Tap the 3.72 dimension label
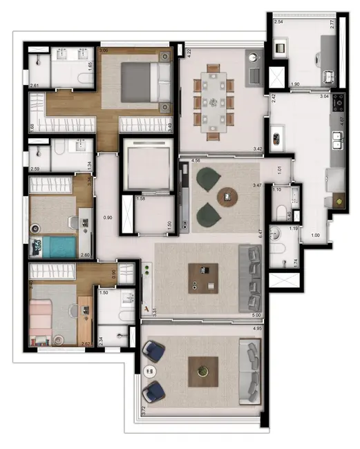pos(143,411)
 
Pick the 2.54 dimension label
pos(278,23)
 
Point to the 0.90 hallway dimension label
pos(107,218)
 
